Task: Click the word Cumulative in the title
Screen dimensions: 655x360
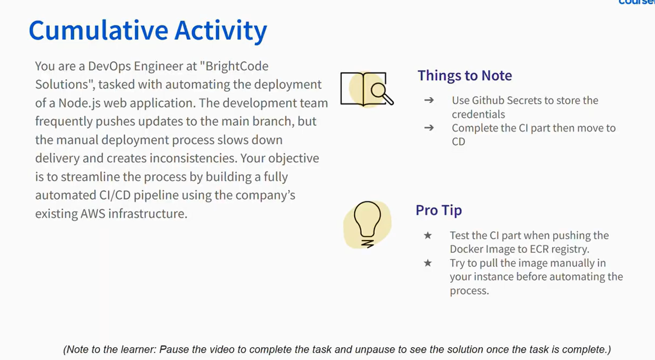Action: tap(98, 30)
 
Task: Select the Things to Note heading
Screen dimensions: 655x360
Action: tap(465, 76)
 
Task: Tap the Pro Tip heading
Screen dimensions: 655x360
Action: tap(438, 210)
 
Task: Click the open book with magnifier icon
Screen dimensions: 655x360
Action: tap(367, 89)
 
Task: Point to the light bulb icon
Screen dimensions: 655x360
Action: tap(367, 225)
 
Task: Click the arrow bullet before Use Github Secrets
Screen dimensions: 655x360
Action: tap(429, 100)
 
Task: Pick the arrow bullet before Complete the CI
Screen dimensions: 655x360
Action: tap(429, 128)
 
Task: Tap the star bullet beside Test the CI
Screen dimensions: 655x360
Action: tap(428, 235)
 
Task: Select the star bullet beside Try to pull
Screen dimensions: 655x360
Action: tap(428, 263)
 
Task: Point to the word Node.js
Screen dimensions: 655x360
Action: tap(80, 103)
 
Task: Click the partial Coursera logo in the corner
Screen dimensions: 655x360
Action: tap(637, 2)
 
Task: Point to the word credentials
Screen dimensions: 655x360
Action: tap(478, 114)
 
